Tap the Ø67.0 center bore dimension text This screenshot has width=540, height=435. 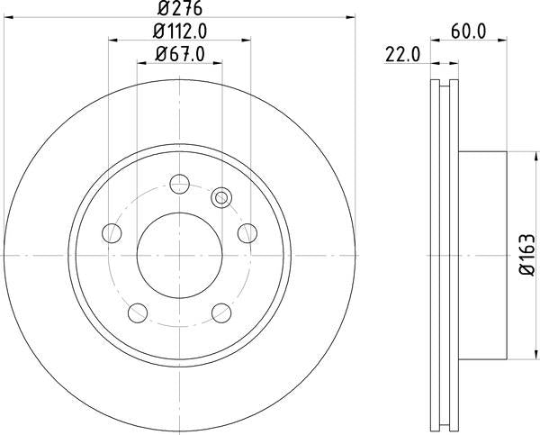point(178,56)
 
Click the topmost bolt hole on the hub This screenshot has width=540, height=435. point(178,185)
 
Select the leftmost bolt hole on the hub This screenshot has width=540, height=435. point(112,233)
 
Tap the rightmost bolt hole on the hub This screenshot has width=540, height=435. point(246,233)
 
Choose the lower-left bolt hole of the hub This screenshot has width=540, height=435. point(138,312)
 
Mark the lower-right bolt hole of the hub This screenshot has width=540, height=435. point(220,312)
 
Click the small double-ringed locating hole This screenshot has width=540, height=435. point(220,197)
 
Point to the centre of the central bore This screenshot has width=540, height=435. point(178,255)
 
